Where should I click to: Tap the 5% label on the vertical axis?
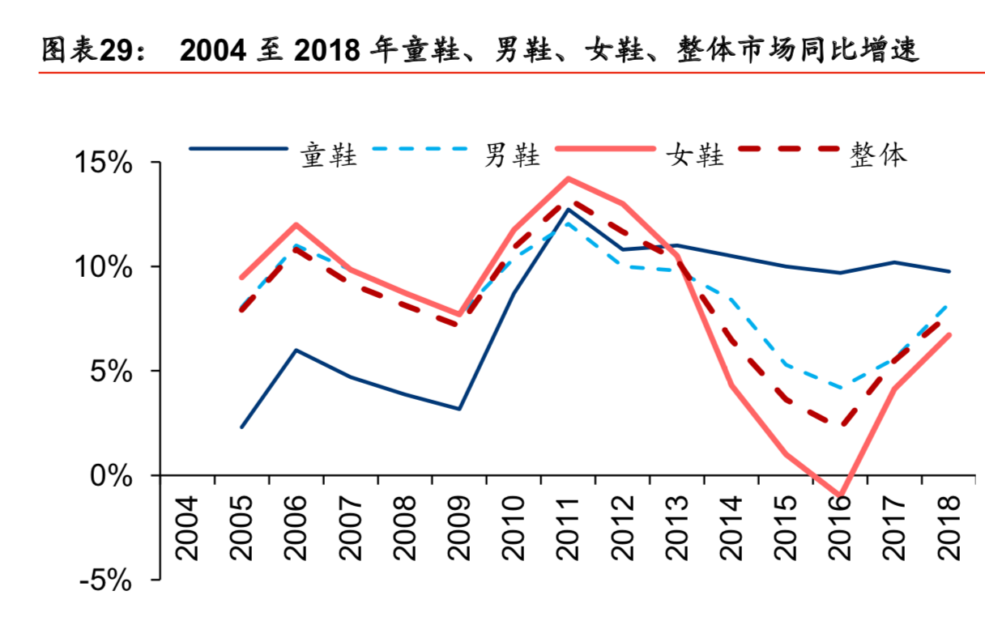click(x=112, y=372)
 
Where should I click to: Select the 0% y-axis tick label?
click(x=112, y=476)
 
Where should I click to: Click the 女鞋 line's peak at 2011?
click(x=568, y=179)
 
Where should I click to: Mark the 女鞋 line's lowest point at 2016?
click(x=839, y=495)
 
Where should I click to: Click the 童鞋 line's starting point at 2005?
click(x=241, y=427)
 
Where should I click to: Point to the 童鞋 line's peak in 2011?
click(x=568, y=210)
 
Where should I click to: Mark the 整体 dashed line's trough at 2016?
click(x=839, y=424)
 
